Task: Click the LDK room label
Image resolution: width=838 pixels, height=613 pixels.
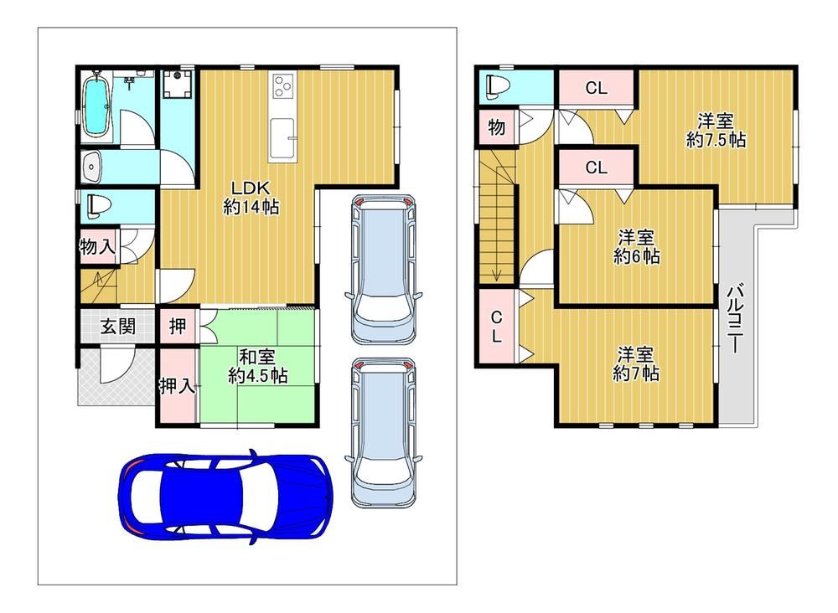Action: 251,197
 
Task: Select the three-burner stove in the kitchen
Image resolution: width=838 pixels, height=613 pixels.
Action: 282,86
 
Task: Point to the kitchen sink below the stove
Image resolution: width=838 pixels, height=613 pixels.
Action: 282,139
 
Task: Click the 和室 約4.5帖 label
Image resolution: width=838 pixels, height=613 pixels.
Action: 257,366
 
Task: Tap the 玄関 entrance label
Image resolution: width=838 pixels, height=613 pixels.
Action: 117,326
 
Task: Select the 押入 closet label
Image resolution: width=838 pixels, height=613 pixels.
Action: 178,385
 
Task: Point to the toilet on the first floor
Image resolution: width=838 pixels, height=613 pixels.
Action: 100,205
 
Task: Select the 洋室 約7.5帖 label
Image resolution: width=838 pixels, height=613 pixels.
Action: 716,131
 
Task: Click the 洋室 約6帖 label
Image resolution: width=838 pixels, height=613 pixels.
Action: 636,247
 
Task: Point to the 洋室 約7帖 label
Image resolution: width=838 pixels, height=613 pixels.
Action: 635,363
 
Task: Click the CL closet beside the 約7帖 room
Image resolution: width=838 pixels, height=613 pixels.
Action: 496,327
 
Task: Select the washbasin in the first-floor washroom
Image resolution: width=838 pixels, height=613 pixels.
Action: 91,167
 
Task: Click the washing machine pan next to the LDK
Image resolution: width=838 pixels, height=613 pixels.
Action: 176,85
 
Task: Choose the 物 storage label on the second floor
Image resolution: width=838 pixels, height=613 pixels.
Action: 496,127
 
